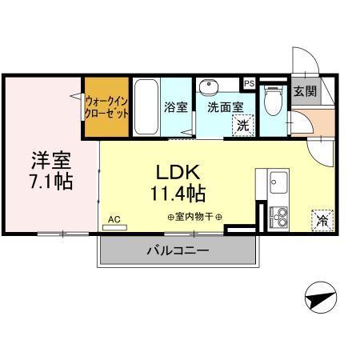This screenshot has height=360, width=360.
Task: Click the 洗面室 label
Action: (x=226, y=106)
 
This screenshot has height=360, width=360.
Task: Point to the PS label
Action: (x=249, y=82)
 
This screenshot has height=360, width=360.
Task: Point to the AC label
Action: (x=113, y=218)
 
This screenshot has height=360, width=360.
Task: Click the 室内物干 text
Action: (x=194, y=217)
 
